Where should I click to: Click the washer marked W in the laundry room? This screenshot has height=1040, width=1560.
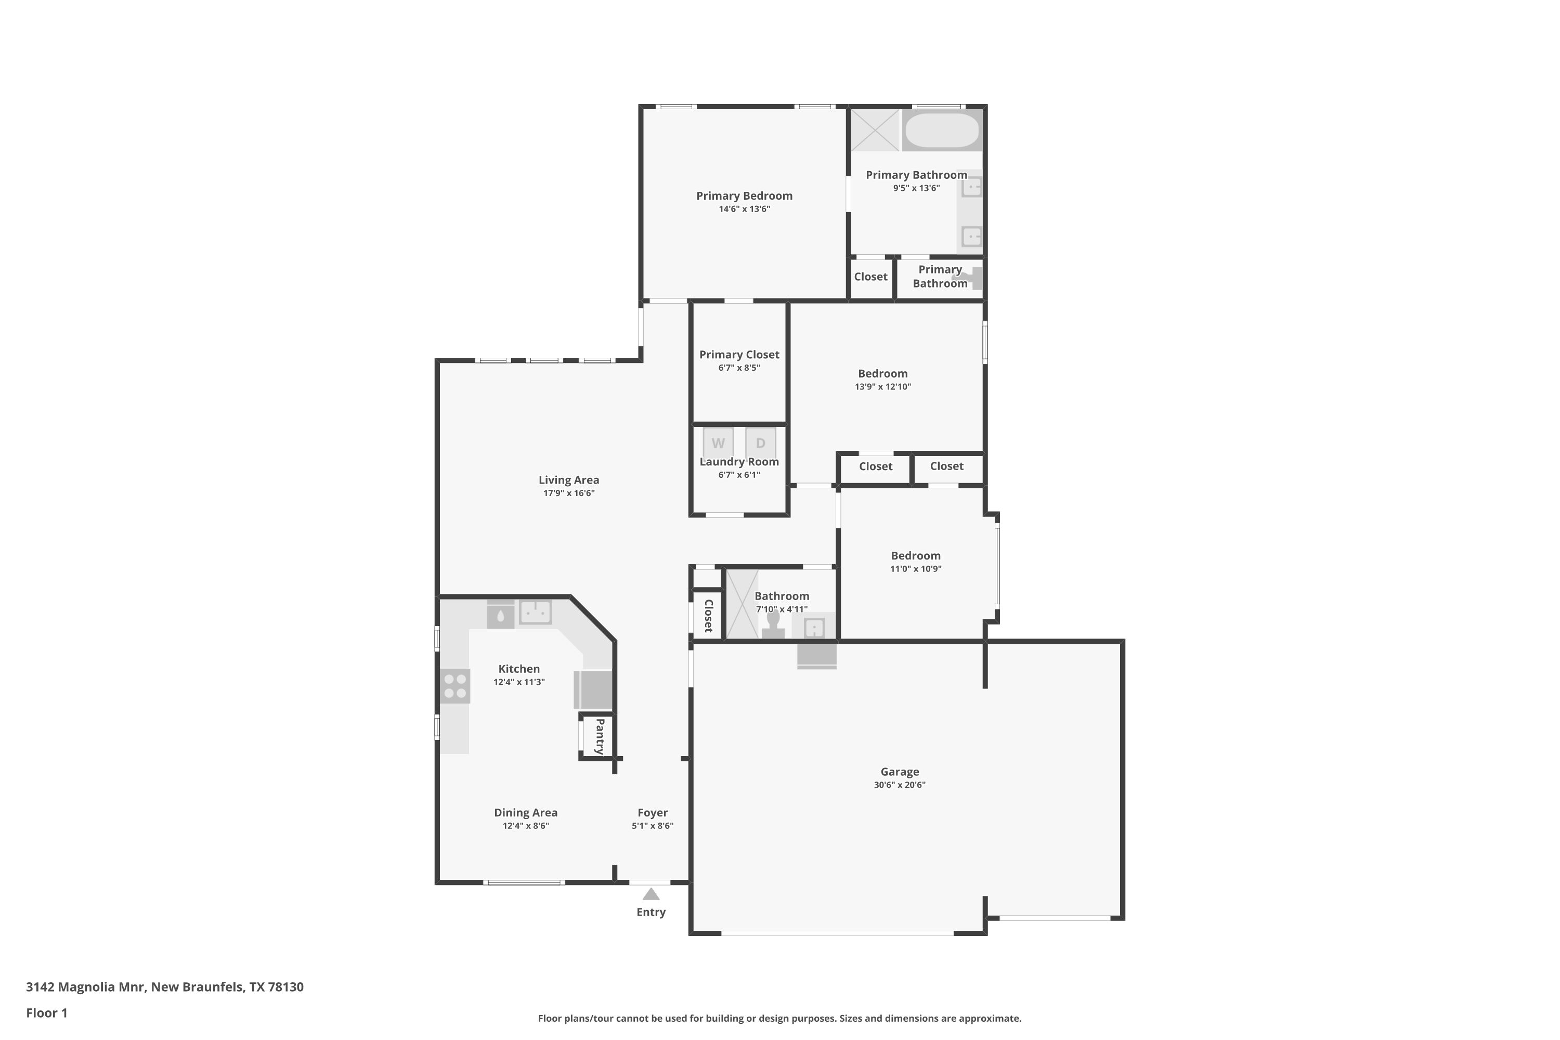[x=718, y=443]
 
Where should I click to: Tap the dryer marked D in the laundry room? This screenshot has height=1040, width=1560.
[x=760, y=443]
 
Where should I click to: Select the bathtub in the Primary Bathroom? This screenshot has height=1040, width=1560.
[x=942, y=130]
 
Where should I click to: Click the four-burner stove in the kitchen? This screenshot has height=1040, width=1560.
[x=455, y=686]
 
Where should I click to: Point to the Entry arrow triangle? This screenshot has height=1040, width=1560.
[x=652, y=894]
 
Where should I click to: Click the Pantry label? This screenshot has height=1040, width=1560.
[x=600, y=736]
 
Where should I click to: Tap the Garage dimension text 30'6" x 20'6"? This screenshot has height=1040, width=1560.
[x=900, y=785]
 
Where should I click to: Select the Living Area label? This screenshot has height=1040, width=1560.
[x=568, y=479]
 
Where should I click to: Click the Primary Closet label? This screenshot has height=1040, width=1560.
[x=739, y=355]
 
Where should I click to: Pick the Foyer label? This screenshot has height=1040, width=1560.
[x=653, y=812]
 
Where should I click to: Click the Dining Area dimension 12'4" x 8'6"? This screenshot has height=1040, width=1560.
[x=526, y=826]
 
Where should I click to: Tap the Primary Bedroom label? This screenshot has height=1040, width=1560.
[x=744, y=196]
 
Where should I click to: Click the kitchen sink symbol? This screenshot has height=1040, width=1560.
[x=535, y=612]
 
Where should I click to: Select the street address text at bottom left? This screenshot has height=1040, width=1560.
[x=164, y=987]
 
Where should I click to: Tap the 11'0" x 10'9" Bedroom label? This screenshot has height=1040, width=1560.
[x=915, y=556]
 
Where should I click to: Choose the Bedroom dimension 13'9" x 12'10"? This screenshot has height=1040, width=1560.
[x=883, y=387]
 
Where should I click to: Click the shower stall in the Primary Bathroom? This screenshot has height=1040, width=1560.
[x=875, y=130]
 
